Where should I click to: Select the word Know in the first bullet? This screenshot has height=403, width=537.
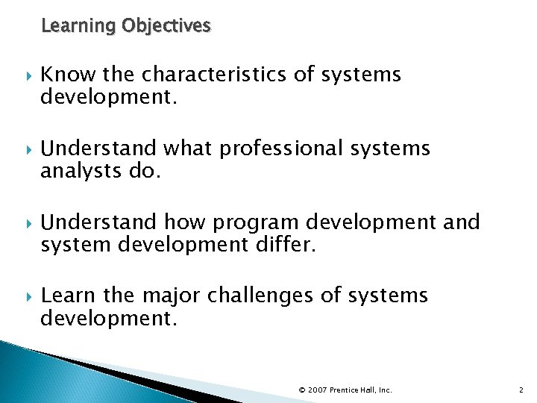[63, 75]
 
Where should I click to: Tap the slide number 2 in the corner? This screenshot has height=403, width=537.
[521, 390]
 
